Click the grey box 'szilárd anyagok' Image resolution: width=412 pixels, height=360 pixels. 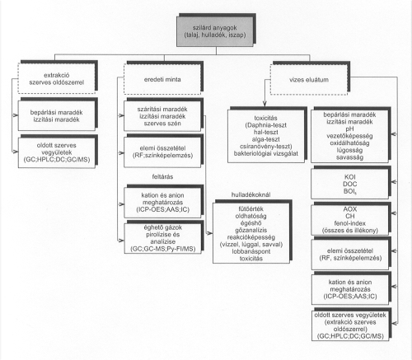(215, 31)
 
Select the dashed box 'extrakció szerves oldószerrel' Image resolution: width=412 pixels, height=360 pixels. (57, 78)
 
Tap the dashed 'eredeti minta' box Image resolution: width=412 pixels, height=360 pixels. (162, 79)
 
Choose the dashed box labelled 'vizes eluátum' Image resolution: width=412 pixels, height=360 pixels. (309, 80)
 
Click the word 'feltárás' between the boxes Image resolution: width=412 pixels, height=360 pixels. (162, 176)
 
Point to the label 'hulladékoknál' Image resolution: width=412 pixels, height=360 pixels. (250, 194)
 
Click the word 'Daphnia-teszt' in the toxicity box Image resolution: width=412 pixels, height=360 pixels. (266, 125)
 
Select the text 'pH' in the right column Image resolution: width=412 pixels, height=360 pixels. (349, 129)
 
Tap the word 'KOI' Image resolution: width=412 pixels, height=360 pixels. (350, 177)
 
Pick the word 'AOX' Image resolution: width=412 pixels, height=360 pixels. (350, 209)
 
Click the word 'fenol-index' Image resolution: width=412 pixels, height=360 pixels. (350, 223)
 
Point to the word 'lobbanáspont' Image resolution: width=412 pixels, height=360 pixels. (251, 251)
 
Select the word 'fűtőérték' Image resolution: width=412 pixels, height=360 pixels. (251, 209)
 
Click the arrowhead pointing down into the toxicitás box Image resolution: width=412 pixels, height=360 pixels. (265, 104)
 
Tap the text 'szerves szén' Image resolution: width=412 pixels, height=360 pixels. (162, 124)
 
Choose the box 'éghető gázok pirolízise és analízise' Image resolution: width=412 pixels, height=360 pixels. (162, 238)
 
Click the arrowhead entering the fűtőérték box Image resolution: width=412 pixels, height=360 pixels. (210, 233)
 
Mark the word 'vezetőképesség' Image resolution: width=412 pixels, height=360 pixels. (349, 136)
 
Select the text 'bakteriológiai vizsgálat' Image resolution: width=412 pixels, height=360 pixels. (266, 153)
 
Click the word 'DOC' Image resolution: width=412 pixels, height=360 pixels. (350, 184)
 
